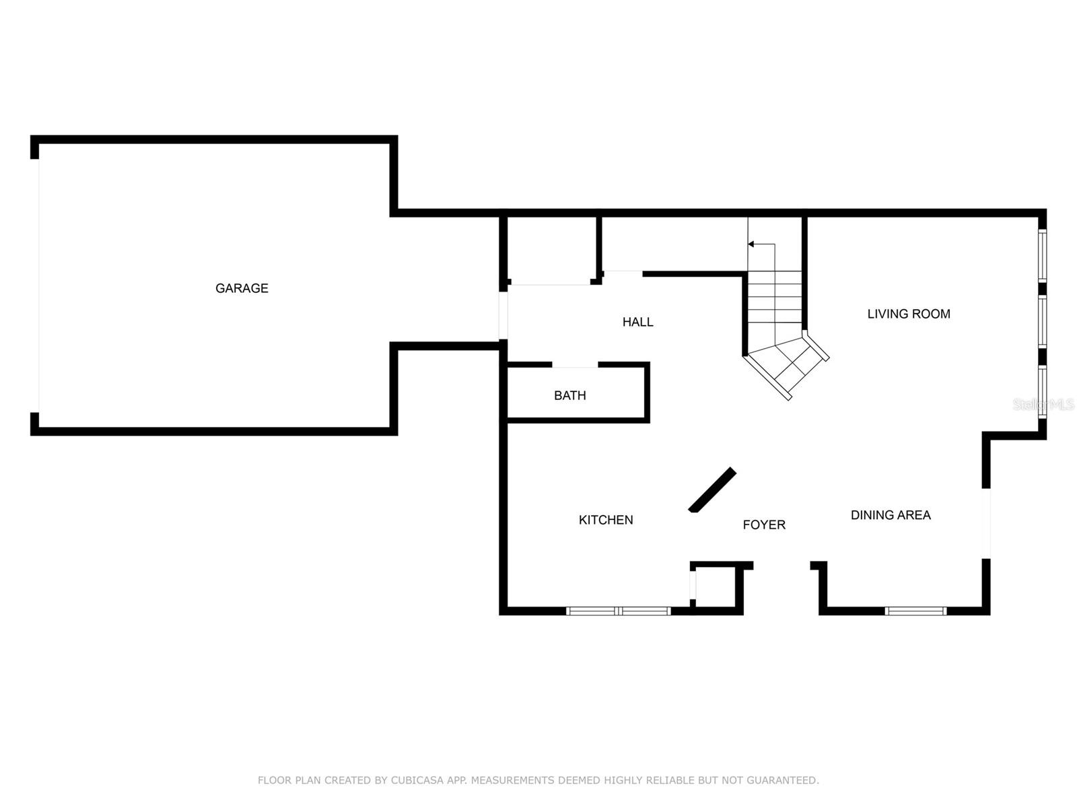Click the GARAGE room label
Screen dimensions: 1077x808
pos(242,288)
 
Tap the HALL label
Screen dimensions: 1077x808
pos(637,322)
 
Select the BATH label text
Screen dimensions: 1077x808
pos(569,395)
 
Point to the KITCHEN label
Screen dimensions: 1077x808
pos(605,520)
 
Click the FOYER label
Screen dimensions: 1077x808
pos(764,525)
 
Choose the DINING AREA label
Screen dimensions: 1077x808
pos(891,515)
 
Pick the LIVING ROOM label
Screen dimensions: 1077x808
pos(909,314)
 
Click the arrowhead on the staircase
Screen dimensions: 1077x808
pos(751,244)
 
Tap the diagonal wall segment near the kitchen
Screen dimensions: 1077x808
pos(712,490)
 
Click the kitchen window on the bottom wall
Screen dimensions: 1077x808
pos(618,611)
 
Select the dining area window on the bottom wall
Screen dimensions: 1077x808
pos(915,611)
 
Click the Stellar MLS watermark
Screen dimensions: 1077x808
pos(1043,405)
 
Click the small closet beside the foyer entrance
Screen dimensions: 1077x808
pos(716,588)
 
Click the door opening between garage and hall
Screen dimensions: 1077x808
pos(503,315)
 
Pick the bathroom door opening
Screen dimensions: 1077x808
pos(575,366)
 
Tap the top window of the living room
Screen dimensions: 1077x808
pos(1042,256)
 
